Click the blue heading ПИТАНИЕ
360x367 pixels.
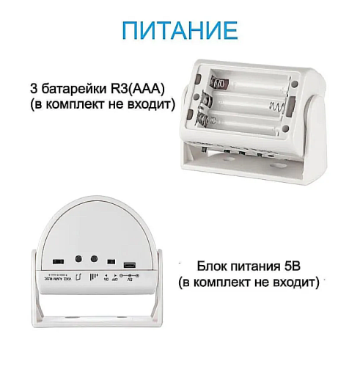click(x=180, y=31)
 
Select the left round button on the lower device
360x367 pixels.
click(x=78, y=259)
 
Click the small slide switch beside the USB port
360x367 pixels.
click(x=111, y=262)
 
